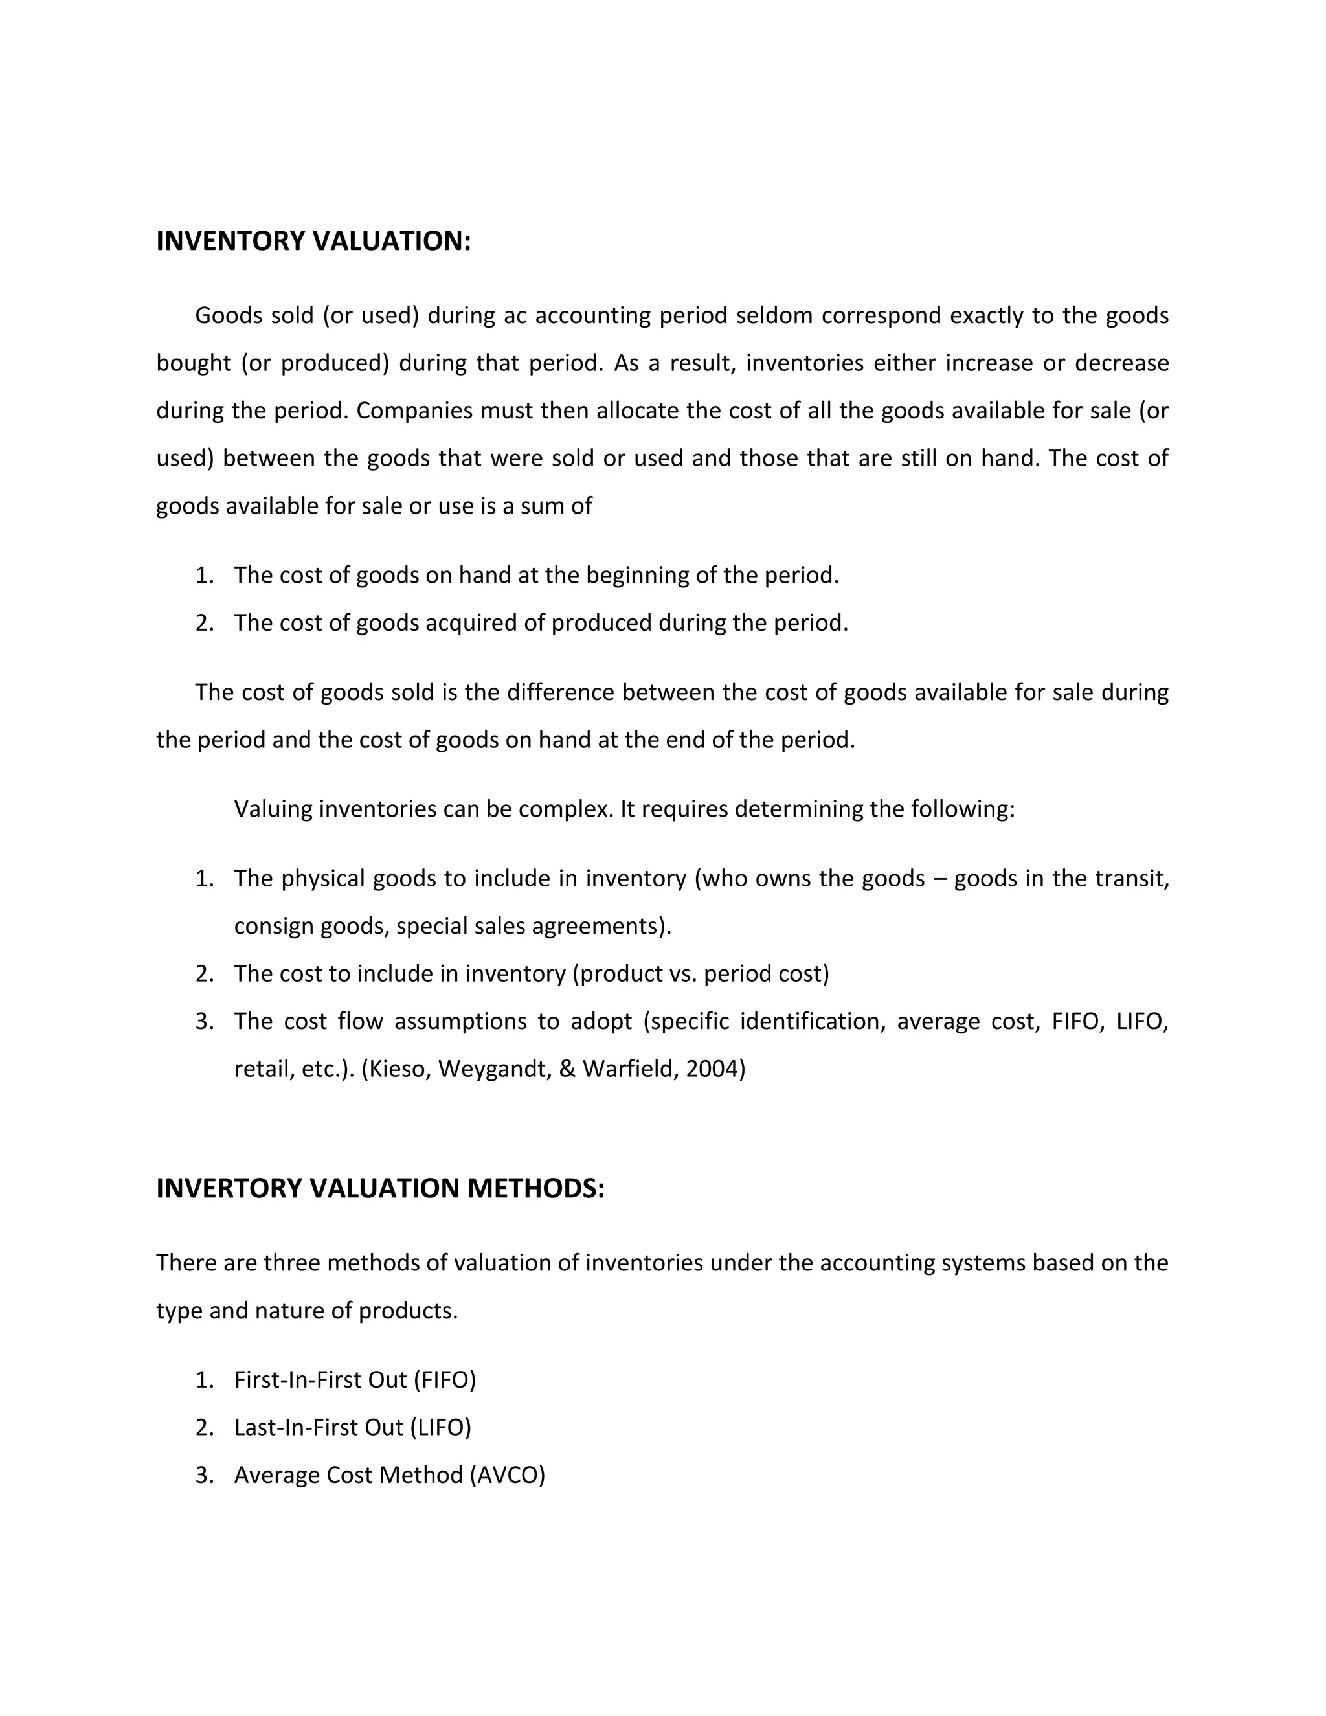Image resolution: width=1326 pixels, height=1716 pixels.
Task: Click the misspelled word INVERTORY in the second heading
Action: coord(229,1188)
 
